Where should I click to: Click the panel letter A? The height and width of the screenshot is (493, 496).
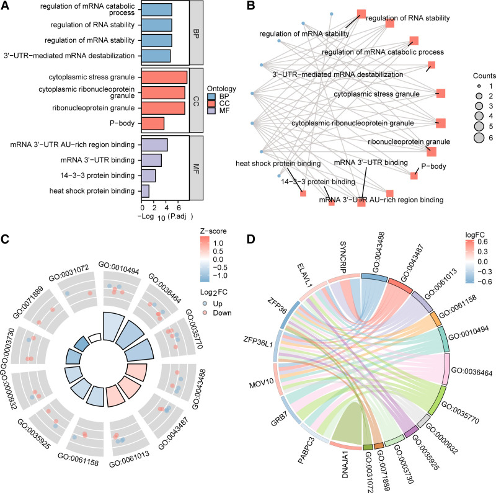(6, 6)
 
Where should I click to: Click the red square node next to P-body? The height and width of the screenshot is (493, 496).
(414, 176)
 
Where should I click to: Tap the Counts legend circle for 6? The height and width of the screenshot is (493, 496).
(479, 138)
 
